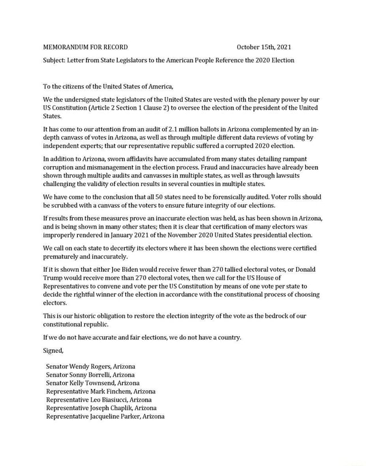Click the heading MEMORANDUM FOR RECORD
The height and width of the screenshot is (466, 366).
(x=85, y=47)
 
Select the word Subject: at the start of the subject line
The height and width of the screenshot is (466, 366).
(x=56, y=60)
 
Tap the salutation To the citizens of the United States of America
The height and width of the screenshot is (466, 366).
(x=108, y=87)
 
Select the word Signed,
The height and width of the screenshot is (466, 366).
(x=54, y=350)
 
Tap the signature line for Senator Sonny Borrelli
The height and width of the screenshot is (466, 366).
(x=90, y=375)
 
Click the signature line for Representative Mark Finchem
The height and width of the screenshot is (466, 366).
(x=101, y=391)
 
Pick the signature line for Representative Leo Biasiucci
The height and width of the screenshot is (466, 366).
(x=99, y=400)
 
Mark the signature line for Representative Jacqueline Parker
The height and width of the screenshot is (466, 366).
(x=105, y=416)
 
